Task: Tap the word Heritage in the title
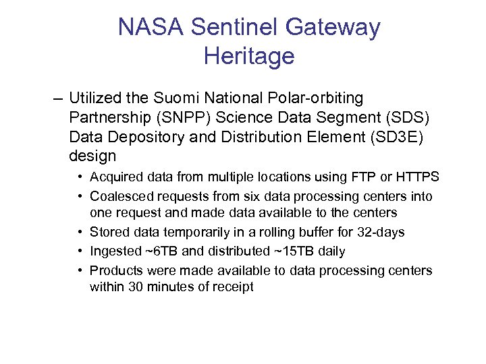click(249, 56)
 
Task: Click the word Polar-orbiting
click(319, 99)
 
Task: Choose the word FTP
click(361, 177)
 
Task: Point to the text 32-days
click(381, 232)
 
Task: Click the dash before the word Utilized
click(57, 99)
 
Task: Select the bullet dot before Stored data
click(80, 232)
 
